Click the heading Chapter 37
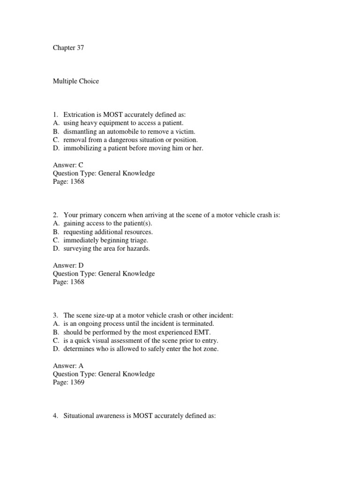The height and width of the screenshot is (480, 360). coord(68,48)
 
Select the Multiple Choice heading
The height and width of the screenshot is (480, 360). coord(75,81)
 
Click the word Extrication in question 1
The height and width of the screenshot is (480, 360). coord(79,114)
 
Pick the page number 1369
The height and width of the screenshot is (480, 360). coord(75,382)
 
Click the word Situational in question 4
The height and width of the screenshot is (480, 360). coord(80,416)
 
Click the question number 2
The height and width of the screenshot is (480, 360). coord(55,215)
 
